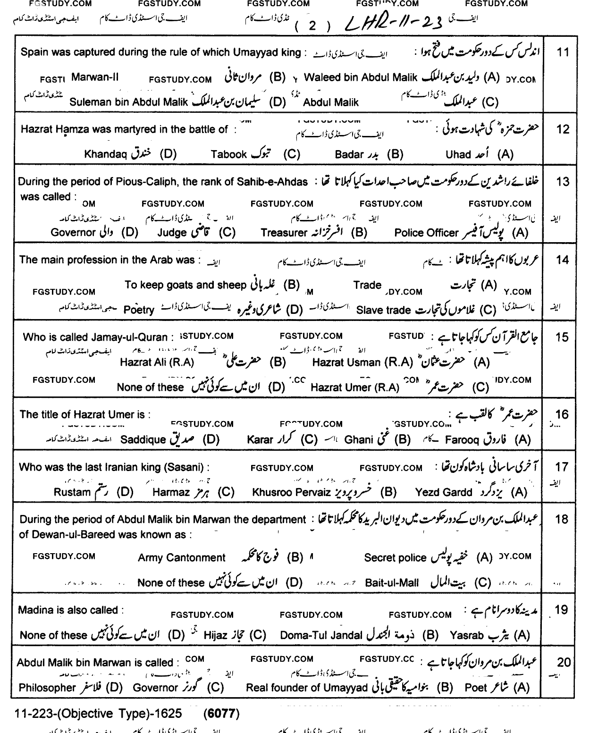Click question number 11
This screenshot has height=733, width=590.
click(x=563, y=52)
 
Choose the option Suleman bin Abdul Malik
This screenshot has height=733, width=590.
click(x=128, y=102)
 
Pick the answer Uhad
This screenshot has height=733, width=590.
click(x=458, y=154)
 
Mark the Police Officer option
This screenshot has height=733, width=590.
click(x=426, y=233)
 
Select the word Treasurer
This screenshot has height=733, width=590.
click(x=284, y=233)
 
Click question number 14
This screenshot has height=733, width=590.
click(x=562, y=260)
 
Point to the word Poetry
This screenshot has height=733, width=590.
click(x=139, y=310)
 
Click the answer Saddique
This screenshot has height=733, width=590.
click(x=143, y=440)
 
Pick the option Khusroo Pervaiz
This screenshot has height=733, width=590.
click(x=291, y=492)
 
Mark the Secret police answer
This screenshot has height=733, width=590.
click(x=395, y=558)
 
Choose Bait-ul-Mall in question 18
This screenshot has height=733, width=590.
click(x=392, y=582)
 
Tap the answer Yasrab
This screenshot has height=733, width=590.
click(x=466, y=635)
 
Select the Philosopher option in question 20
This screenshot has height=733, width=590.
click(x=47, y=688)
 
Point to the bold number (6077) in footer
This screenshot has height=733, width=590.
click(x=222, y=714)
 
